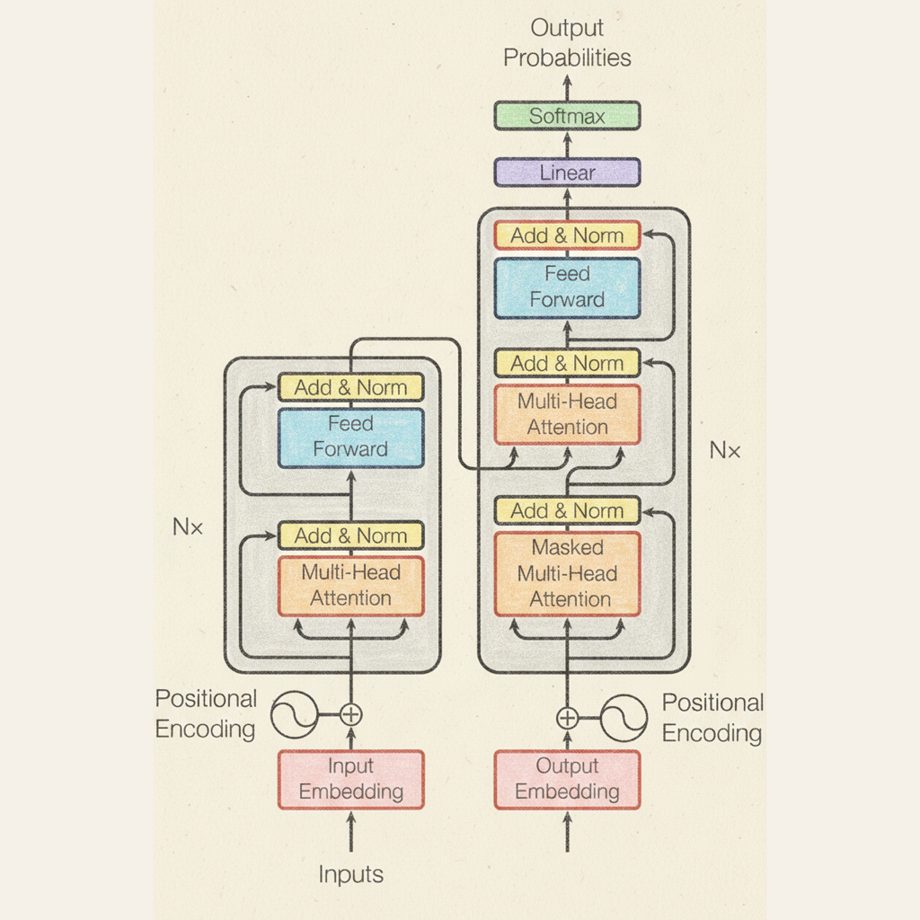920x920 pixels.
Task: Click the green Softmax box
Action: (567, 116)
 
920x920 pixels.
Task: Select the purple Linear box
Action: (567, 172)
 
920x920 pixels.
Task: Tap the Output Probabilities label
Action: (567, 43)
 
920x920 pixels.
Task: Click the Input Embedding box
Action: (350, 779)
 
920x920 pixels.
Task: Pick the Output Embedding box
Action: (567, 779)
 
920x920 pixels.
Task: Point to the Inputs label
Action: (350, 874)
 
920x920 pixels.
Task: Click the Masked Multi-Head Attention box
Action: (567, 573)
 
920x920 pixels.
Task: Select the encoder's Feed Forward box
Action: (350, 437)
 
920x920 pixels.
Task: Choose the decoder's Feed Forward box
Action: (567, 287)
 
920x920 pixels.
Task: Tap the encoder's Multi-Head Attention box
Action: (350, 586)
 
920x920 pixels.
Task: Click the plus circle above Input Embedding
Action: (351, 715)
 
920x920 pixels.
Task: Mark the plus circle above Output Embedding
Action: (567, 718)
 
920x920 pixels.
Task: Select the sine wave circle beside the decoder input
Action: (624, 718)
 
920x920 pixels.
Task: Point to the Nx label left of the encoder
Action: (188, 527)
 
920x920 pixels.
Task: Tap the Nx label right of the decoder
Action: (725, 450)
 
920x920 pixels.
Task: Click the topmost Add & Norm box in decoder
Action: (567, 235)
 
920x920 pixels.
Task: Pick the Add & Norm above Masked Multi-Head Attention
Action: (567, 510)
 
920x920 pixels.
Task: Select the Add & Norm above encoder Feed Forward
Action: (350, 387)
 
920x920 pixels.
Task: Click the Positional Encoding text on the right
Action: (712, 718)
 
